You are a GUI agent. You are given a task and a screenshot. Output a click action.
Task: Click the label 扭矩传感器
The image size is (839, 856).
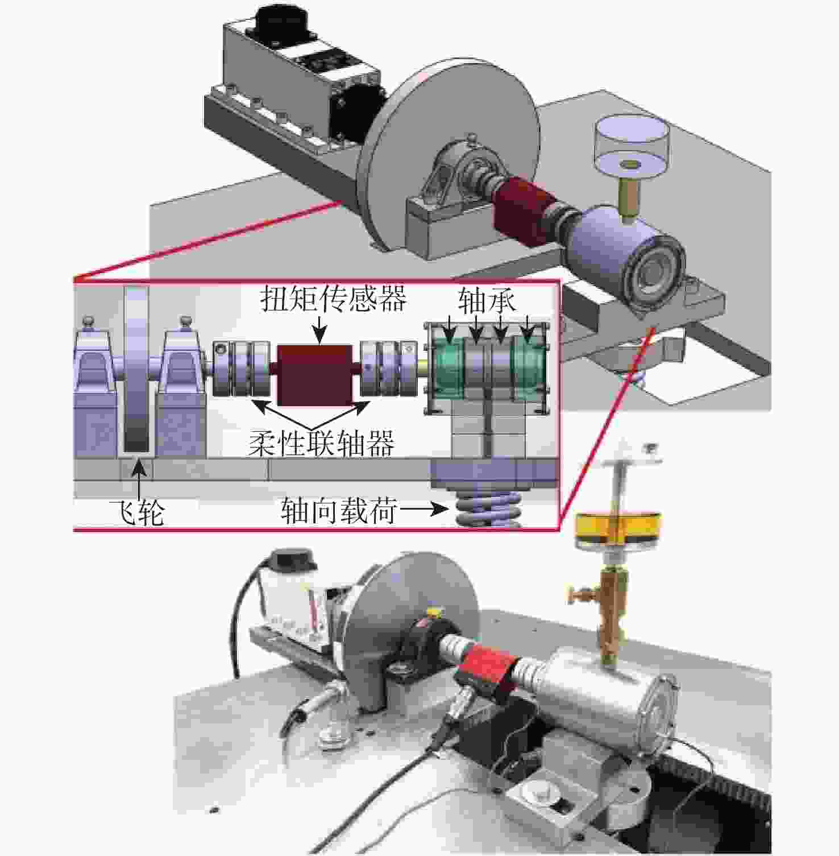click(x=334, y=298)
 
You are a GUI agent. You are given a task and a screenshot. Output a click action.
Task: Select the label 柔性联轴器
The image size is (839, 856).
click(x=322, y=443)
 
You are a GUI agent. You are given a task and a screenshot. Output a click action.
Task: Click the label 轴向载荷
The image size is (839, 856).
click(x=339, y=511)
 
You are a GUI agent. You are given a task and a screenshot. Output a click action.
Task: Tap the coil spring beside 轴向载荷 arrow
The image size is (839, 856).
click(x=489, y=508)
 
